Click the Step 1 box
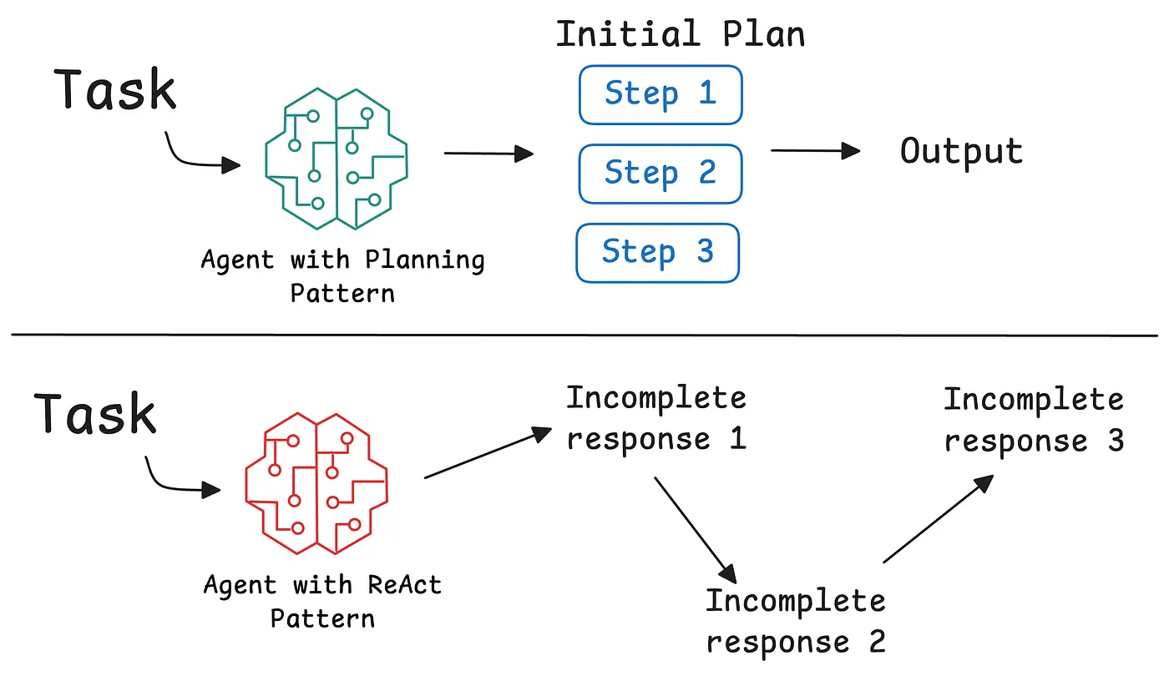(x=660, y=94)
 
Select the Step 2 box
(x=660, y=174)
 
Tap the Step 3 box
(x=658, y=252)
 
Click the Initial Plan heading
(x=681, y=35)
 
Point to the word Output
(x=961, y=153)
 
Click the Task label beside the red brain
(x=95, y=415)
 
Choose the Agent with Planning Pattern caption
(x=342, y=275)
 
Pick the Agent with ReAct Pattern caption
(x=322, y=601)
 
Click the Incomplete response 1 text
(x=656, y=419)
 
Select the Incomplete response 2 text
(x=795, y=621)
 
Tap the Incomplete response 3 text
(x=1034, y=421)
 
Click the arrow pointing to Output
(x=814, y=151)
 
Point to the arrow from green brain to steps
(x=488, y=154)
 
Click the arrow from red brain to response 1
(x=488, y=455)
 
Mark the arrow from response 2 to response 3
(x=938, y=518)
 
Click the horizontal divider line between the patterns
(x=584, y=335)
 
